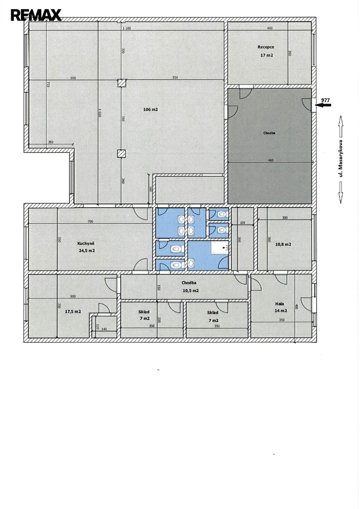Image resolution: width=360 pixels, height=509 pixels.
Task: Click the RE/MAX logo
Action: (x=36, y=15)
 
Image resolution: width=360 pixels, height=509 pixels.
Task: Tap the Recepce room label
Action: (x=266, y=47)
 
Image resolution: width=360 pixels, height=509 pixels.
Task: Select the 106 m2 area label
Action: (x=151, y=109)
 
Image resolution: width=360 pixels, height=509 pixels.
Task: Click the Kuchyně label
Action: (x=86, y=243)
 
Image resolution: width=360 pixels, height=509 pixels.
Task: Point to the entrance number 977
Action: (x=325, y=100)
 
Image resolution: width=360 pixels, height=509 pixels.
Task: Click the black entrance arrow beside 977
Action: (x=323, y=105)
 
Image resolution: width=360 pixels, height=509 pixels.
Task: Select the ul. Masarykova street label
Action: (x=340, y=158)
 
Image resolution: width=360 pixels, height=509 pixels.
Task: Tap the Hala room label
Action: (x=279, y=304)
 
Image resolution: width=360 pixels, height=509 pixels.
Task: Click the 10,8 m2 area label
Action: (x=283, y=244)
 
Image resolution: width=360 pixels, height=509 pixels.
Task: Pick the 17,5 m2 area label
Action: (x=73, y=311)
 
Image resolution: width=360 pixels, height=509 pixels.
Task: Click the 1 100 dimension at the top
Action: (x=127, y=28)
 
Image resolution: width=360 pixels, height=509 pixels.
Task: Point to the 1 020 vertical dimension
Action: (x=100, y=112)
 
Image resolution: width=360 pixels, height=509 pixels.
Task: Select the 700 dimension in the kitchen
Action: (x=90, y=221)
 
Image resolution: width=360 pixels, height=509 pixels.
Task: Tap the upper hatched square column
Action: (x=122, y=83)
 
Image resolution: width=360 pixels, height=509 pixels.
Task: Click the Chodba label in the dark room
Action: (x=269, y=133)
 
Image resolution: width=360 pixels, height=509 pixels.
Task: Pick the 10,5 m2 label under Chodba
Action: (x=191, y=291)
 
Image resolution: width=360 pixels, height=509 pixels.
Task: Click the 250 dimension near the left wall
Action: (x=51, y=142)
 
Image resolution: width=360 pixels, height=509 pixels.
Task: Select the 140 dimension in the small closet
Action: (x=104, y=329)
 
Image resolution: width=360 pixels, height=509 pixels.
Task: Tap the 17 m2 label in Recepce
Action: (x=267, y=55)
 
